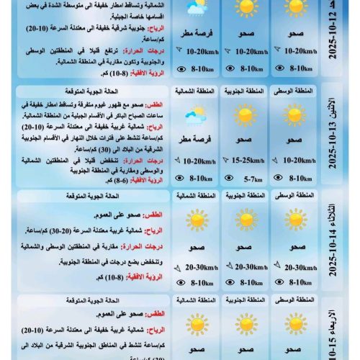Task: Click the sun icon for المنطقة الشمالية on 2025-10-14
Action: (195, 220)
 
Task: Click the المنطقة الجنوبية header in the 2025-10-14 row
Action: (244, 195)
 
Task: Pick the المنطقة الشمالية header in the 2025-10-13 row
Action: (195, 92)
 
